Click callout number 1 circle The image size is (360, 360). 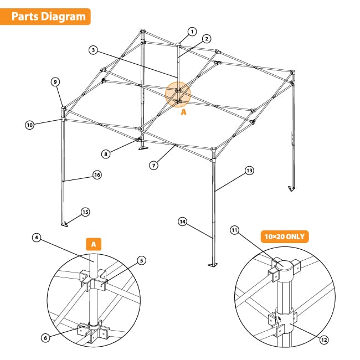pyautogui.click(x=192, y=31)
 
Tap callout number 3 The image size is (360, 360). pyautogui.click(x=93, y=50)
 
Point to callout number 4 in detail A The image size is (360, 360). pyautogui.click(x=37, y=238)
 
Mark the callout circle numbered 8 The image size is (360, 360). pyautogui.click(x=105, y=153)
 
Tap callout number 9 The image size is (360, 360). pyautogui.click(x=55, y=82)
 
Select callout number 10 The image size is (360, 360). pyautogui.click(x=29, y=125)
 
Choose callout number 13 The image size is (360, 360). pyautogui.click(x=249, y=171)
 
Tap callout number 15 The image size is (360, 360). pyautogui.click(x=85, y=212)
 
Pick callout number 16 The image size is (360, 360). pyautogui.click(x=97, y=174)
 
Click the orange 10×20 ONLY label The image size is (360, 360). pyautogui.click(x=285, y=236)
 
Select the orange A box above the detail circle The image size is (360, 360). pyautogui.click(x=94, y=243)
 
